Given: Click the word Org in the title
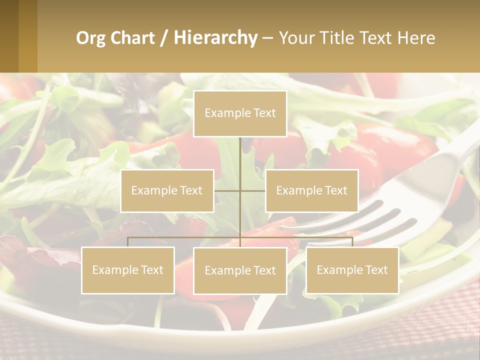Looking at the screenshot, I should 90,38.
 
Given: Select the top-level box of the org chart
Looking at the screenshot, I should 240,113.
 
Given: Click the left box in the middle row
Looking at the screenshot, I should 167,190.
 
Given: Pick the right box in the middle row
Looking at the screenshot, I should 311,190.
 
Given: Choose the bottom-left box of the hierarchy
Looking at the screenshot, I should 128,270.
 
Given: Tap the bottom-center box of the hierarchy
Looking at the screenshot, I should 240,270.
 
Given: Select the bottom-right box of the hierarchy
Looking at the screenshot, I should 352,270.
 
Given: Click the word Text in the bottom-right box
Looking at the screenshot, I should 375,270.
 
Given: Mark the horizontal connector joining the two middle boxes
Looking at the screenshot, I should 240,190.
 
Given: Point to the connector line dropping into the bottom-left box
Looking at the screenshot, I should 128,242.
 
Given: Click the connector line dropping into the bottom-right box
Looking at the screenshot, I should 352,242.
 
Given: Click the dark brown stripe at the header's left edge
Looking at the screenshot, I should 9,36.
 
